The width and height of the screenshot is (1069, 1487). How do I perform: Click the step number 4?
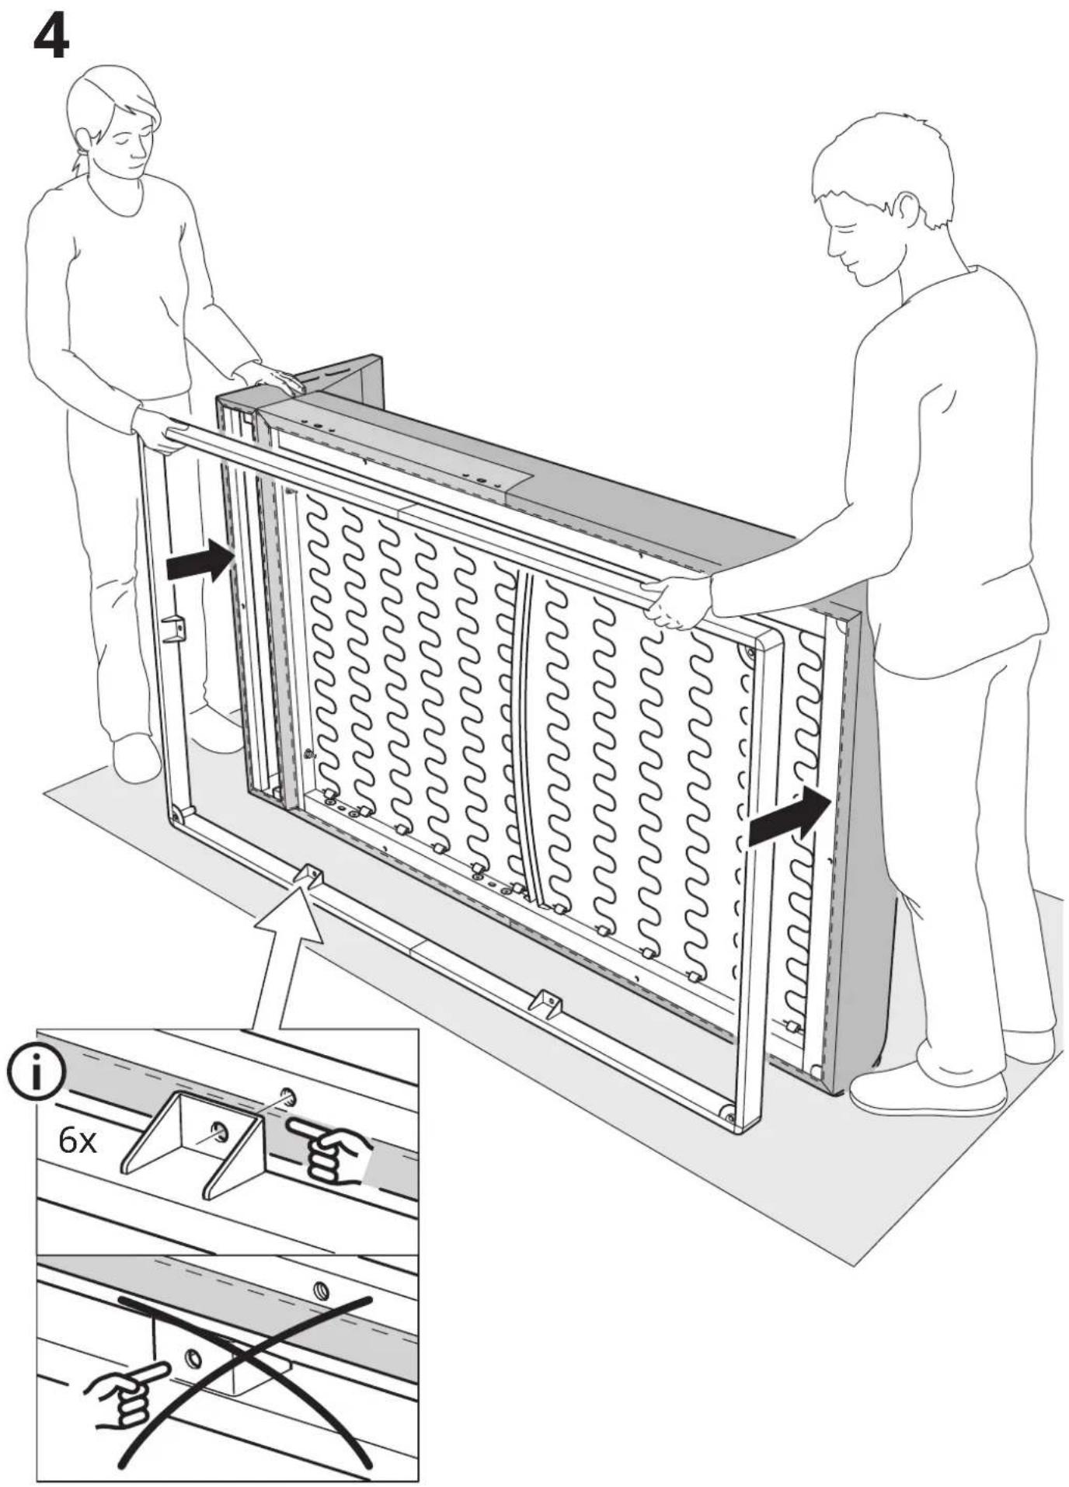(x=51, y=38)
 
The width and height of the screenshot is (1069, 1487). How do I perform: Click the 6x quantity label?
(x=78, y=1141)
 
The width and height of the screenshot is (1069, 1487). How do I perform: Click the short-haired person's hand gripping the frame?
(x=678, y=601)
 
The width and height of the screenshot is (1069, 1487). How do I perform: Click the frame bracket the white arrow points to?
(x=309, y=876)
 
